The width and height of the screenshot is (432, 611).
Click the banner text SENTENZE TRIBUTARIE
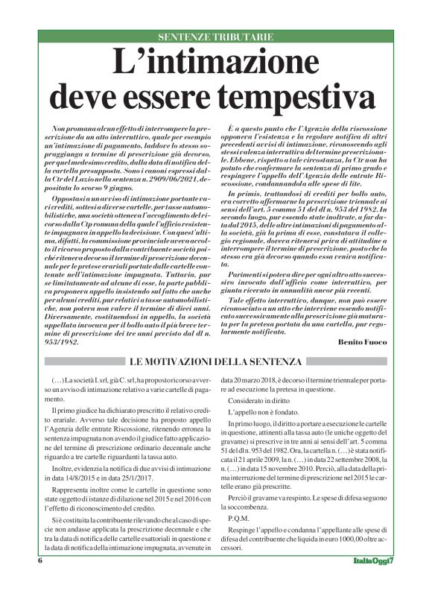[215, 37]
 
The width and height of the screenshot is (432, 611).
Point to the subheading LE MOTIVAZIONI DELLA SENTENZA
[215, 362]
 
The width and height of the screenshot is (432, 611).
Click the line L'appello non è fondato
[261, 411]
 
